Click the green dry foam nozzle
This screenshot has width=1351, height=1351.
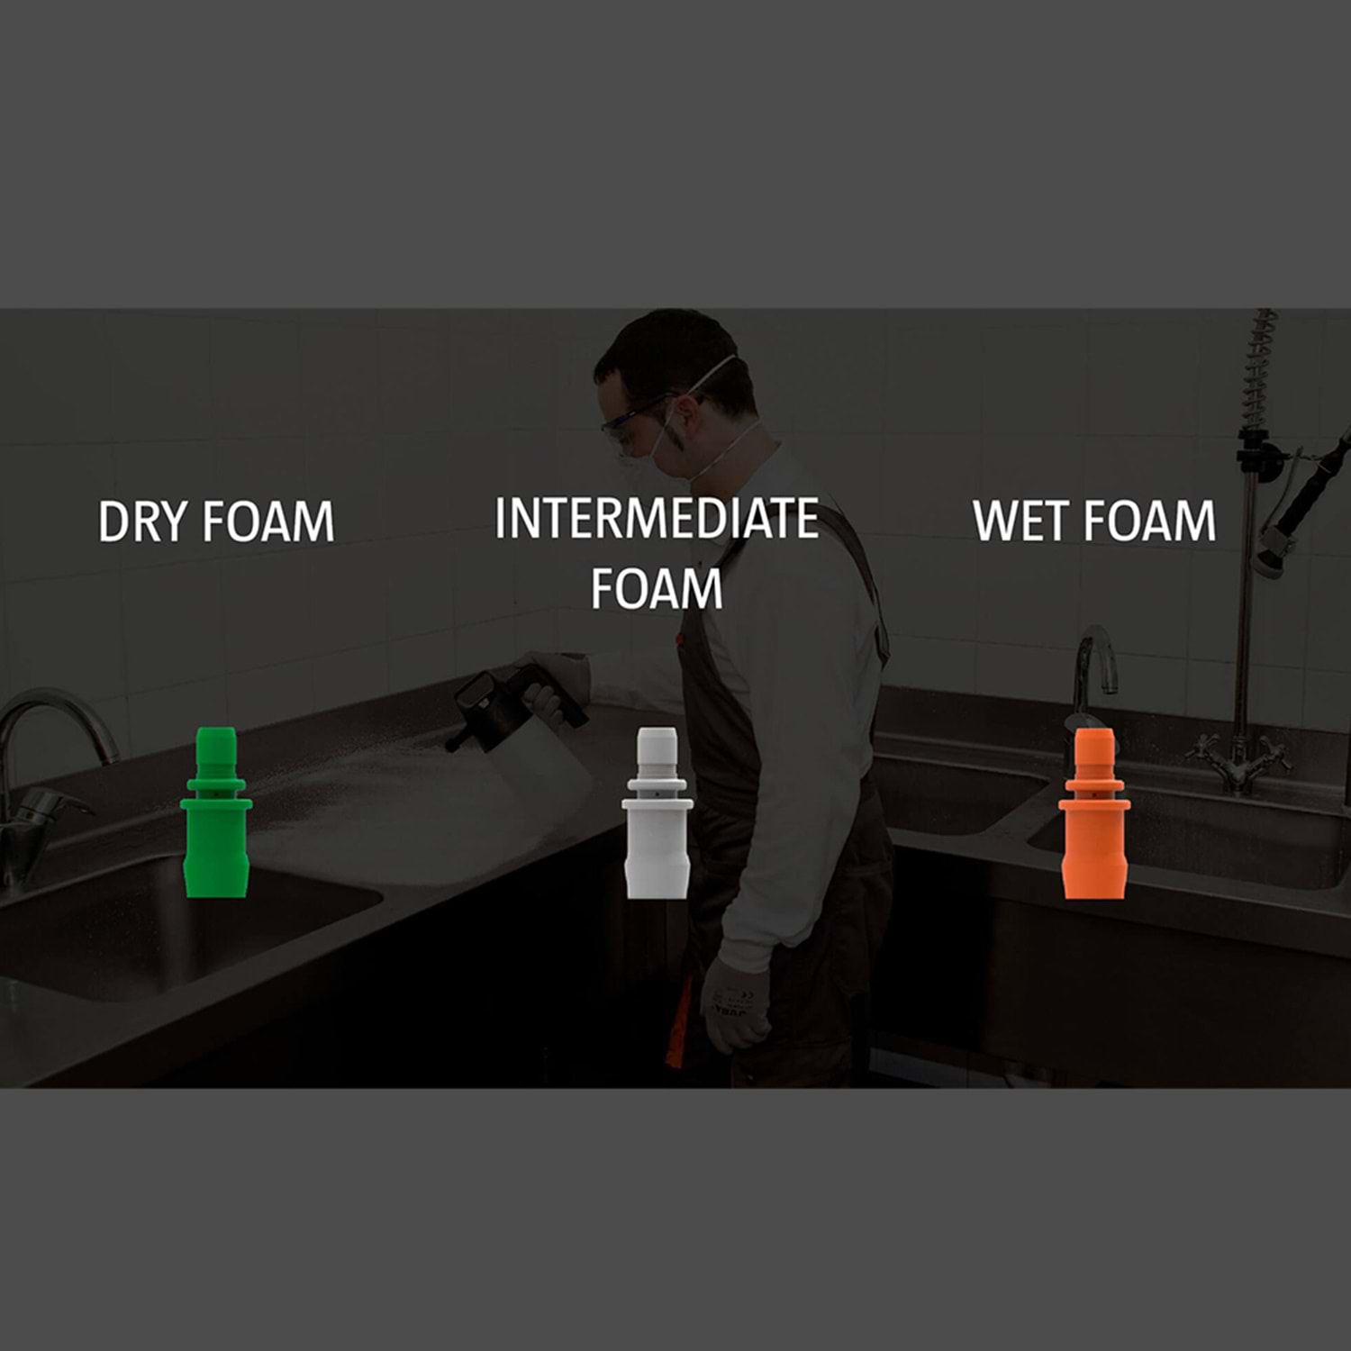215,812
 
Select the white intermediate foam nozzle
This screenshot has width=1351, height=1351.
657,812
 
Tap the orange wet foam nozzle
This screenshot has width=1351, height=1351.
1094,812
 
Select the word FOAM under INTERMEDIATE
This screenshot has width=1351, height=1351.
657,589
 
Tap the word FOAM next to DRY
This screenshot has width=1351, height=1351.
267,521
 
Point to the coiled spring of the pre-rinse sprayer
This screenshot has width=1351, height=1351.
1259,369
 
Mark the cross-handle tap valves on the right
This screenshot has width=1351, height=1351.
1238,761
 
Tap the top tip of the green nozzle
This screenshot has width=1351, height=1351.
215,728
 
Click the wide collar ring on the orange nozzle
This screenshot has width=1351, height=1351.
1094,801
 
